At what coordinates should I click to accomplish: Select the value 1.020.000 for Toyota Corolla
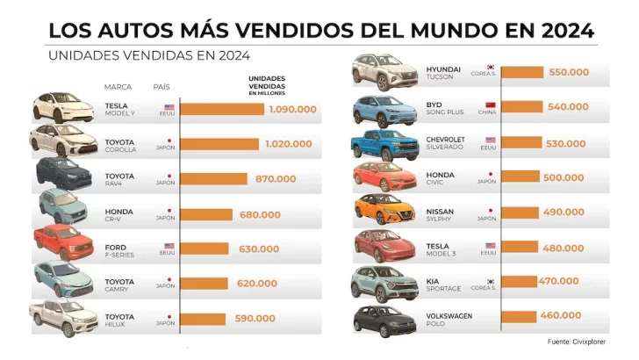click(x=286, y=144)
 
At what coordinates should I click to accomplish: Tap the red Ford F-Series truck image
click(x=62, y=243)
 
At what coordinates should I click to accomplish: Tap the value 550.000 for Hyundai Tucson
click(x=568, y=72)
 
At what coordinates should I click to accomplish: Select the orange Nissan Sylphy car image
click(x=383, y=211)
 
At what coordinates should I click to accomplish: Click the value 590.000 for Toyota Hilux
click(x=255, y=318)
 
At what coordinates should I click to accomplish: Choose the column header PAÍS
click(x=162, y=87)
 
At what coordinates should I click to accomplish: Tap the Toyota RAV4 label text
click(x=119, y=179)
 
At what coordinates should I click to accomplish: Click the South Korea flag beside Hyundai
click(x=492, y=67)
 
